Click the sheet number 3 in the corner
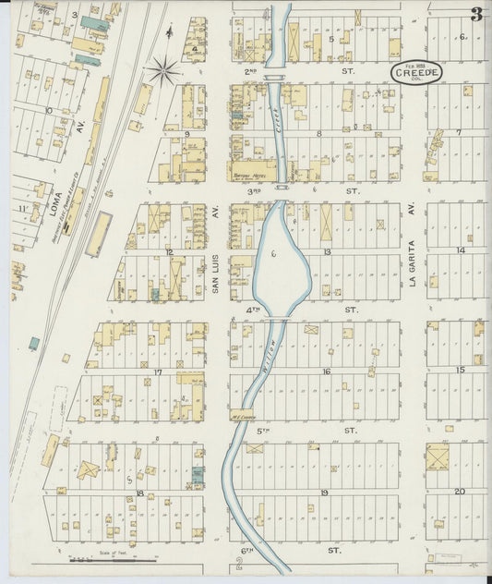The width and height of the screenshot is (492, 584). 476,15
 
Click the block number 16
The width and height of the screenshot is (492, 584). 326,371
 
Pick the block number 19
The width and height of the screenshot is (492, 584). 324,493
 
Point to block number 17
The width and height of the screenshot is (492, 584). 158,372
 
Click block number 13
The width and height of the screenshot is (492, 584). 327,251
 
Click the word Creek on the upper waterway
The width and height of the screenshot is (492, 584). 279,129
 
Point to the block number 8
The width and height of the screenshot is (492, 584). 319,133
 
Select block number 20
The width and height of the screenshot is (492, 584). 459,492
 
